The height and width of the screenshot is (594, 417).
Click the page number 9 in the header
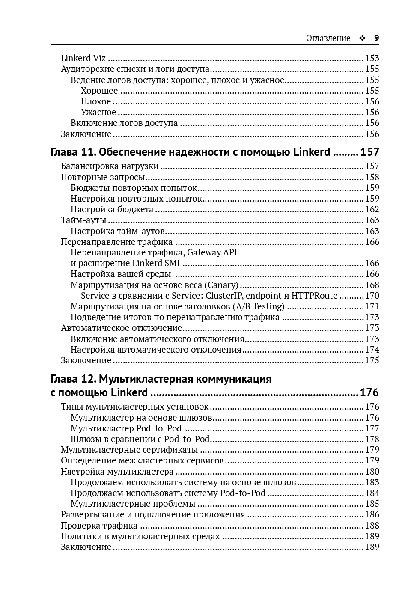click(x=377, y=38)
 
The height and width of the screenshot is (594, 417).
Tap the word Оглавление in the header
click(x=328, y=38)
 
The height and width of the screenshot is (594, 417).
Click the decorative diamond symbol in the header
click(x=362, y=38)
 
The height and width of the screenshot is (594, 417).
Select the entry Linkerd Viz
click(x=83, y=58)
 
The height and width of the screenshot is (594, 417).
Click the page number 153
click(x=372, y=58)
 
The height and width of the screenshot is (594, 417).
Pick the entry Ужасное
click(x=98, y=112)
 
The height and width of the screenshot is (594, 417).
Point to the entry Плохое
click(x=96, y=101)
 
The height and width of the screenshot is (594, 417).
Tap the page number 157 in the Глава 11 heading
click(x=370, y=152)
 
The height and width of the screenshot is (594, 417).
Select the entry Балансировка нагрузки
click(x=110, y=166)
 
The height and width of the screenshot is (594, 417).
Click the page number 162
click(x=372, y=209)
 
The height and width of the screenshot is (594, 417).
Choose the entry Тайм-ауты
click(x=83, y=220)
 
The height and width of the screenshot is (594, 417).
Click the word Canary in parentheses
click(x=221, y=285)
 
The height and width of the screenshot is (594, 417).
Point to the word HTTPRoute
click(x=314, y=296)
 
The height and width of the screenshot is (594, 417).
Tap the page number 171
click(x=372, y=306)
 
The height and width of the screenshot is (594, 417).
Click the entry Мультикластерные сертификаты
click(x=129, y=450)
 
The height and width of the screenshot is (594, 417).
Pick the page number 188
click(x=372, y=526)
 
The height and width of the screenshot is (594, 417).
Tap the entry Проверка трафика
click(x=99, y=526)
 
